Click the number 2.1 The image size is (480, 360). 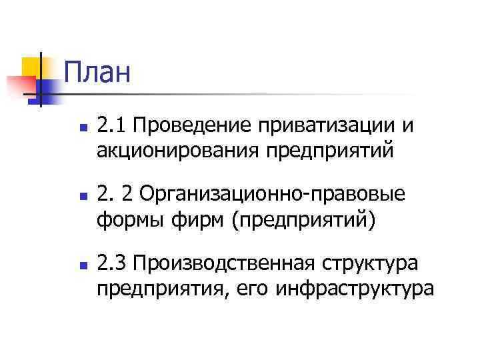(109, 125)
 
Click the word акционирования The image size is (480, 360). (179, 151)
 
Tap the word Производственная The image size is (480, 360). (223, 263)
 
